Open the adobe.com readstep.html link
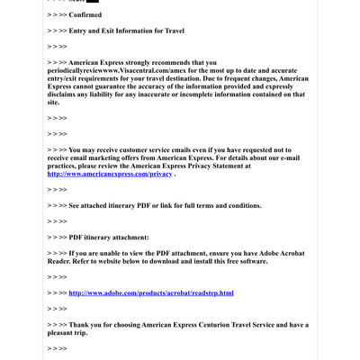150,292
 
